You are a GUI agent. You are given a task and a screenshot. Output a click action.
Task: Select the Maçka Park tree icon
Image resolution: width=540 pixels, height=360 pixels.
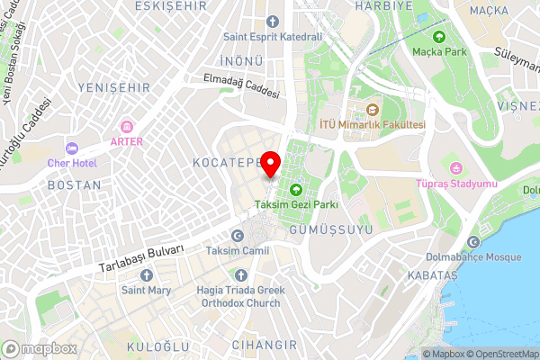[x=438, y=38]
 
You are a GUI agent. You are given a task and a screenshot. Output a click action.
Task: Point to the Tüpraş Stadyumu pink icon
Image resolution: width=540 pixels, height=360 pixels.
[x=456, y=168]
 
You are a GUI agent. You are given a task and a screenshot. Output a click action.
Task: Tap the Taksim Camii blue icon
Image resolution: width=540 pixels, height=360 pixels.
[x=237, y=235]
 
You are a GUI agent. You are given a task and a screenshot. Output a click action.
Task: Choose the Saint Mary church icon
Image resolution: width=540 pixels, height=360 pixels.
[x=146, y=274]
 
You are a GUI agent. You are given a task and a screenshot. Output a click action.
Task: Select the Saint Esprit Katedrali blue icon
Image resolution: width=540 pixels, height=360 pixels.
[x=272, y=21]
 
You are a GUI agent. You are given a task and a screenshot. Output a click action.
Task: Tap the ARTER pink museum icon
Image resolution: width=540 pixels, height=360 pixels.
[x=126, y=126]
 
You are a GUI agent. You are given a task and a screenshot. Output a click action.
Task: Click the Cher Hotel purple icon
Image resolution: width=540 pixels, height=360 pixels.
[x=72, y=148]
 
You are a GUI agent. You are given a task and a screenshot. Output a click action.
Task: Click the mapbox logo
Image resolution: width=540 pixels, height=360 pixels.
[x=40, y=348]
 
